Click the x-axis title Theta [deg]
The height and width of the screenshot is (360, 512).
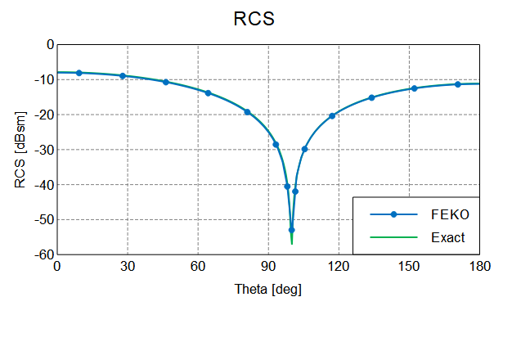pos(267,288)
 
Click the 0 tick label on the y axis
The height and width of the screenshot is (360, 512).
pos(49,45)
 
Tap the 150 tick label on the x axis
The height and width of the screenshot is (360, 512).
pos(409,266)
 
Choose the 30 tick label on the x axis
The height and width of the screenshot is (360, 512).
pos(127,266)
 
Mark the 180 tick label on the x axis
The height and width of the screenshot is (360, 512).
pos(480,266)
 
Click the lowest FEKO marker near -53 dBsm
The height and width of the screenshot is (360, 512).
pos(291,230)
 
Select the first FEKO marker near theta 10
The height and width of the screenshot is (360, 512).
pos(79,73)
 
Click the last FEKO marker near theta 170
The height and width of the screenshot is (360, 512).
pos(458,84)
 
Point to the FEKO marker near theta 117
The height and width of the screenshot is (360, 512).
pos(332,115)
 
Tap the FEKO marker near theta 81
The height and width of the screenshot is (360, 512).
pos(247,112)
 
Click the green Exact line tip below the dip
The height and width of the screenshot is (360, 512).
pos(292,242)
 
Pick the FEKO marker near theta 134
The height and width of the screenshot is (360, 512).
pos(371,97)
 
